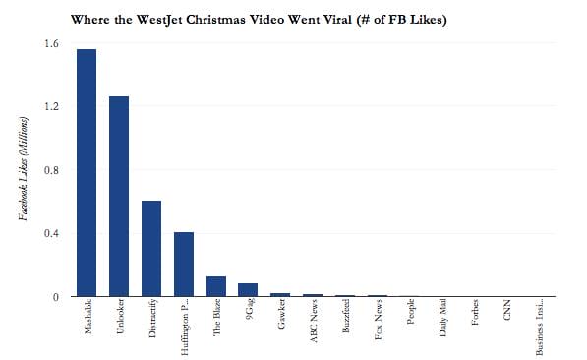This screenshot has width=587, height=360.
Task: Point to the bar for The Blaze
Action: coord(216,286)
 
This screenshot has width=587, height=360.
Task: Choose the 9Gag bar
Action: coord(248,290)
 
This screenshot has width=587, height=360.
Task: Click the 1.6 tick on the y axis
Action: coord(51,43)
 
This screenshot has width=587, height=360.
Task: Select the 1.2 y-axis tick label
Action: coord(51,106)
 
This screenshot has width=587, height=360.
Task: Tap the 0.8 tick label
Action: coord(51,170)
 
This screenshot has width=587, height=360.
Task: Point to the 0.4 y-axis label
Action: coord(51,233)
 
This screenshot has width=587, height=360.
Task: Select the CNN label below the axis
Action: coord(506,317)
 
